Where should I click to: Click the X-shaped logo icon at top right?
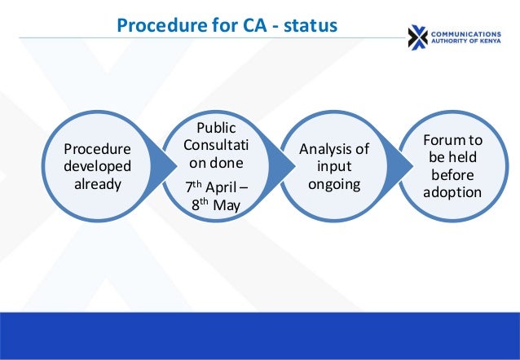click(x=418, y=37)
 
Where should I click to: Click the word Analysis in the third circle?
click(x=334, y=148)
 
